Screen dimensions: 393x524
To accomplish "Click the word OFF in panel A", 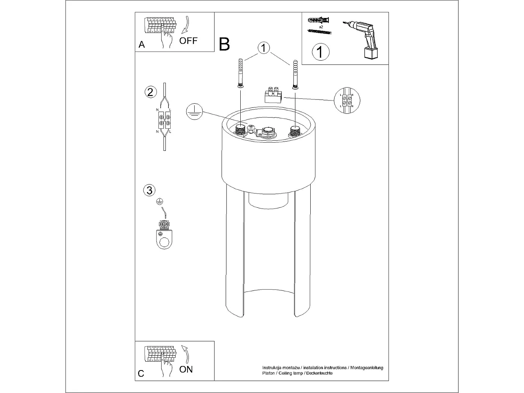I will coord(188,40).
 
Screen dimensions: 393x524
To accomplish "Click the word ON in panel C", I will coord(186,369).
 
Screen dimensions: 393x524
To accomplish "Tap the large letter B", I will coord(224,44).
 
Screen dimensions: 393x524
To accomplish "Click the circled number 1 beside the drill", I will coord(320,52).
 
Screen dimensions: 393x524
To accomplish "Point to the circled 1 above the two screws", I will coord(264,48).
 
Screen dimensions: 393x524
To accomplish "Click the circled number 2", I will coord(150,92).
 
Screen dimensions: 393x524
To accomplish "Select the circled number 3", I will coord(149,190).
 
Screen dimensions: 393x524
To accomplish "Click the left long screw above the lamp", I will coord(240,73).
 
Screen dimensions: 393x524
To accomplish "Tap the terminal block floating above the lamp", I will coord(273,95).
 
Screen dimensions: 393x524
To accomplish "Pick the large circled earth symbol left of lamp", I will coord(194,112).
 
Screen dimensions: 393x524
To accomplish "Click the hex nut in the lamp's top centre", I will coord(268,131).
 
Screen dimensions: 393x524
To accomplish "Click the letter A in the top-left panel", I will coord(141,45).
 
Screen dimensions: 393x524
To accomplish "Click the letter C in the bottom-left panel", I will coord(141,374).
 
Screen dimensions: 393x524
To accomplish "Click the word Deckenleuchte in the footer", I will coord(319,373).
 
